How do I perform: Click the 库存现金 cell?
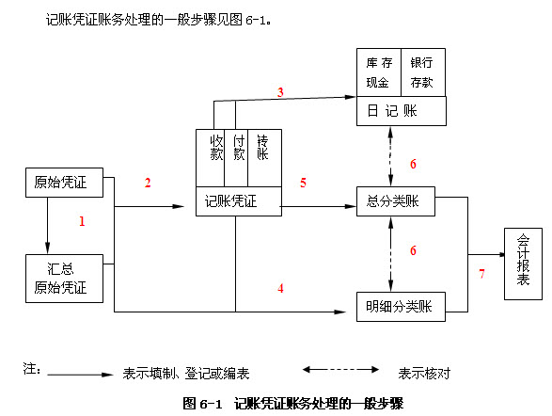(x=379, y=72)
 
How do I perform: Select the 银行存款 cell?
(x=423, y=72)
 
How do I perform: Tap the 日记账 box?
(x=401, y=111)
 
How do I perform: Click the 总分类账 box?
(x=399, y=202)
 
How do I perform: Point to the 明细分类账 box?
(x=399, y=305)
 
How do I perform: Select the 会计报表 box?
(x=523, y=264)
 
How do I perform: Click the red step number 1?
(x=82, y=222)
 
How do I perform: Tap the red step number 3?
(x=280, y=91)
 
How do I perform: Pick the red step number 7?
(x=482, y=274)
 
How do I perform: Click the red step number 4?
(x=280, y=288)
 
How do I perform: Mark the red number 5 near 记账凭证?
(x=303, y=183)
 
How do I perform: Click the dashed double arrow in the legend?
(x=339, y=372)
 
